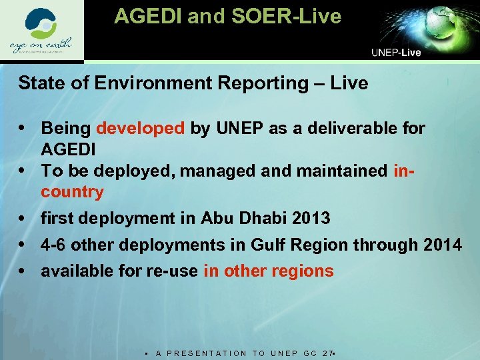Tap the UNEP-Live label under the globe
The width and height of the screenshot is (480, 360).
pyautogui.click(x=396, y=53)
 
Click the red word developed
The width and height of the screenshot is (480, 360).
pyautogui.click(x=141, y=128)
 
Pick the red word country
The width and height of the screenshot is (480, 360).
pyautogui.click(x=73, y=192)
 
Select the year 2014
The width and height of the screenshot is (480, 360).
pyautogui.click(x=442, y=245)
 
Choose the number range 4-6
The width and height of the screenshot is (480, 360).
pyautogui.click(x=53, y=245)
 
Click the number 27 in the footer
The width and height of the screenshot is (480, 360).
pyautogui.click(x=326, y=353)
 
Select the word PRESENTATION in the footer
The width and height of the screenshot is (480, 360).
pyautogui.click(x=208, y=353)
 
